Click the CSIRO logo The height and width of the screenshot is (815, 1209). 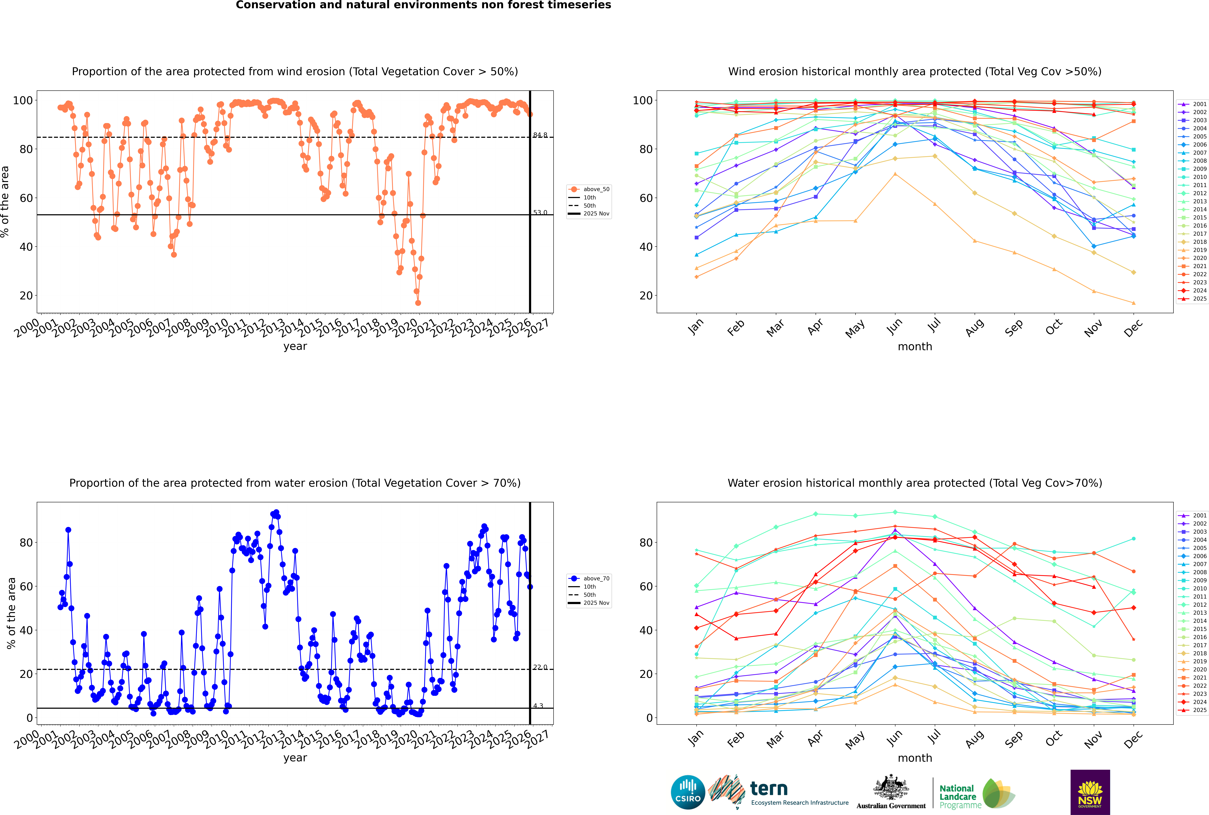click(688, 792)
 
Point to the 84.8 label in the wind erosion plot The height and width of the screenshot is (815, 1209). click(540, 135)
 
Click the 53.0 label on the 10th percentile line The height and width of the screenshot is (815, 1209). click(540, 213)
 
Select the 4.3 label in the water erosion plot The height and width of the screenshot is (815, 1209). click(538, 706)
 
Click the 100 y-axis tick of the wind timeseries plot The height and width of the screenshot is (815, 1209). click(23, 100)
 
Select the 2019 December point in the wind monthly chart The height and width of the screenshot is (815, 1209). click(1134, 303)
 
